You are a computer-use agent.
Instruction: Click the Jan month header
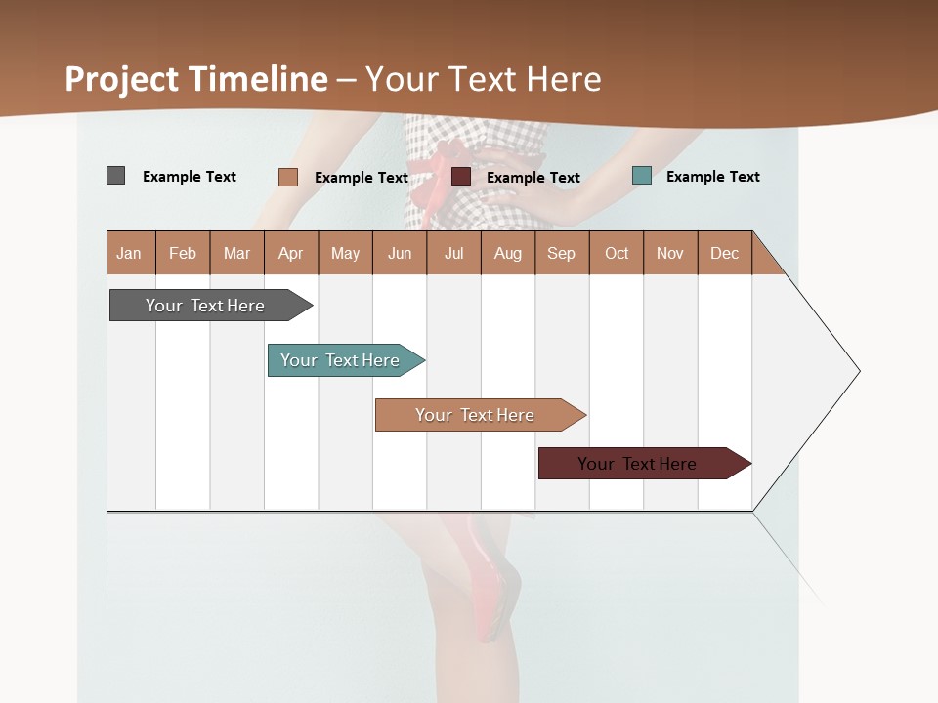(x=130, y=253)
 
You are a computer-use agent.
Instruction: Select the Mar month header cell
(x=236, y=253)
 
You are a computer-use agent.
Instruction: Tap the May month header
(x=345, y=253)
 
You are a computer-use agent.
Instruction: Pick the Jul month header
(x=453, y=253)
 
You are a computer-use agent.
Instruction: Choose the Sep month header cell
(x=561, y=253)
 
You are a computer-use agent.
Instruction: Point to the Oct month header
(x=617, y=253)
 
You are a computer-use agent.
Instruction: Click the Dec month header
(x=724, y=253)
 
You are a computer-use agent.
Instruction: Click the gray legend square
(x=115, y=176)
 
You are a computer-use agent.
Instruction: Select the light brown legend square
(x=287, y=177)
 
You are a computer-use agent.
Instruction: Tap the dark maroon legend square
(x=461, y=177)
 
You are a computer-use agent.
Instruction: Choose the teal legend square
(x=641, y=176)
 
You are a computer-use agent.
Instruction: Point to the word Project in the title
(x=122, y=79)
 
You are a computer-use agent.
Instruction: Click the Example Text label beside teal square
(x=712, y=177)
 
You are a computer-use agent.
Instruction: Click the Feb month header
(x=183, y=253)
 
